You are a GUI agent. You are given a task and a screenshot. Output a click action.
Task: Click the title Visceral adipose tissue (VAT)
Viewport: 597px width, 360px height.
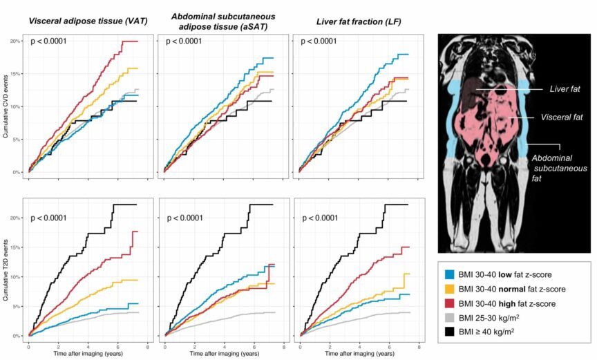point(88,21)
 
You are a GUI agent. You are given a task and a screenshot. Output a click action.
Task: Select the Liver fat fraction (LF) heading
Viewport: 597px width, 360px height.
point(359,21)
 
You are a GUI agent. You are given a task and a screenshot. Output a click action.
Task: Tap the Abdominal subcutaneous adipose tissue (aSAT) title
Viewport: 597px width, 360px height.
point(223,21)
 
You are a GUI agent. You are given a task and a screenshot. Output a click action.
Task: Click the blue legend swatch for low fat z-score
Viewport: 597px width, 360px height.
point(449,274)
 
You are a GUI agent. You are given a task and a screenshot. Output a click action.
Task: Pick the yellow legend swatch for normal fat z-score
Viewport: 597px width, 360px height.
point(449,289)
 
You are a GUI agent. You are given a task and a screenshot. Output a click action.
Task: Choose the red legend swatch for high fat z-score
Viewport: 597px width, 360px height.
point(449,303)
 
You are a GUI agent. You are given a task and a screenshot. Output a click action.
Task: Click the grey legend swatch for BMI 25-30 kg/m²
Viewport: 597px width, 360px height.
point(449,318)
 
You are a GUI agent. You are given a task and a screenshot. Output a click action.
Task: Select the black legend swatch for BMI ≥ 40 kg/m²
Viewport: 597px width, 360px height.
point(449,332)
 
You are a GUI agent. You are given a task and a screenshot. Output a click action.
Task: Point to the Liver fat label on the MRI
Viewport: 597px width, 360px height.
point(565,89)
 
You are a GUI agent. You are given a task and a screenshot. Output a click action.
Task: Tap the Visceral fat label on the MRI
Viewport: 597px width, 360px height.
point(562,117)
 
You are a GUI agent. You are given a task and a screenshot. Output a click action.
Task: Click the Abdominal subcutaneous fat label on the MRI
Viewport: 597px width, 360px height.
point(559,168)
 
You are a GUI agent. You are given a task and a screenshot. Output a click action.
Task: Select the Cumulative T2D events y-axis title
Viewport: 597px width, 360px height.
point(6,270)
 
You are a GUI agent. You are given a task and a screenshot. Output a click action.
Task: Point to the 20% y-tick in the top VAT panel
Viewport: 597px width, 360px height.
point(15,41)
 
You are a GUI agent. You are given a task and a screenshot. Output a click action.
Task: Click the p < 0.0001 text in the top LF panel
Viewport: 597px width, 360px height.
point(319,41)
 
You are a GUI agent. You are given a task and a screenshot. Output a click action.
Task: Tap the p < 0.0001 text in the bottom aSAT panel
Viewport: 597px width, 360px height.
point(185,218)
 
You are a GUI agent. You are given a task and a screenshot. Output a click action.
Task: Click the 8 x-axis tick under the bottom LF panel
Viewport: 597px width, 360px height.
point(419,348)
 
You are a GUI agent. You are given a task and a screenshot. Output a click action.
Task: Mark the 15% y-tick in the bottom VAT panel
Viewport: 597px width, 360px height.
point(15,247)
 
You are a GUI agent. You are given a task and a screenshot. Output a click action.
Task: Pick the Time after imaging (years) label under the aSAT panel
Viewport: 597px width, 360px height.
point(225,354)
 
